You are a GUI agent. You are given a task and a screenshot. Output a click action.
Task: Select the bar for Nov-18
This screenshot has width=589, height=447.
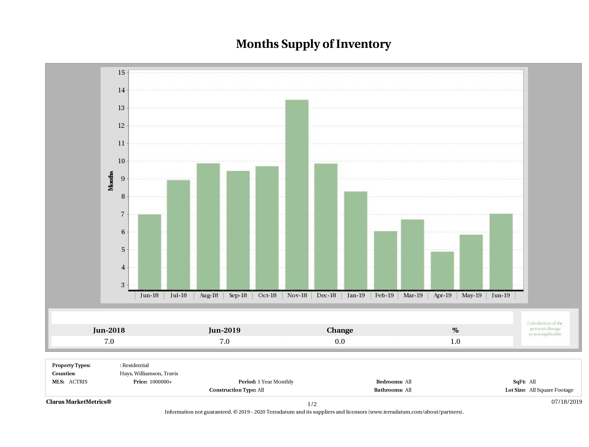point(297,195)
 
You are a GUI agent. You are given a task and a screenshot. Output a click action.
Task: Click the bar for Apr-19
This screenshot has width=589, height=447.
point(442,271)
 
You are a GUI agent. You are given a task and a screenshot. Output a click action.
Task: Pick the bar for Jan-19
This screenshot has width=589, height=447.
point(356,240)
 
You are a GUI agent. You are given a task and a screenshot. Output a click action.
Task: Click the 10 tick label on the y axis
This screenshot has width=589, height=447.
point(121,161)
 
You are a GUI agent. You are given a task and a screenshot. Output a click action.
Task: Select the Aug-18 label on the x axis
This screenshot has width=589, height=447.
point(209,295)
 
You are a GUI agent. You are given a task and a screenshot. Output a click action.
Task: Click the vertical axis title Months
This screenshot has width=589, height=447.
point(111,181)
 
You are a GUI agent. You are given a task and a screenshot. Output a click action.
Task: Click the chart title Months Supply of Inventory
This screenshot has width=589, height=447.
point(313,44)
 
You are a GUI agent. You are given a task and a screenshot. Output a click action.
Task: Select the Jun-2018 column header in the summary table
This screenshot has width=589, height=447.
point(109,330)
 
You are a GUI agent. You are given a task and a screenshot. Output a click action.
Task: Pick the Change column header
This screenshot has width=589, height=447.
point(340,330)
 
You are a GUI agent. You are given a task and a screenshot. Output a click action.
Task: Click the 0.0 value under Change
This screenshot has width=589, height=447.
point(340,341)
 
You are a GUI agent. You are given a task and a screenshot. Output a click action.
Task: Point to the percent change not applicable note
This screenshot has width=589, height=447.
point(545,328)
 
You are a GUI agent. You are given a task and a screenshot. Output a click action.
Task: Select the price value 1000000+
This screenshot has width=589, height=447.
point(161,382)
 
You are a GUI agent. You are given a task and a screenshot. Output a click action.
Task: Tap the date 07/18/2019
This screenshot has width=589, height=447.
point(567,402)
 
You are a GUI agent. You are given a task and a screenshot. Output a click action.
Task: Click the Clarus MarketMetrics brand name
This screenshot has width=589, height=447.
point(78,402)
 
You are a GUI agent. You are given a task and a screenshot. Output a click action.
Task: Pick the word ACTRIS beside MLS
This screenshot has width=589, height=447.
point(78,382)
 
